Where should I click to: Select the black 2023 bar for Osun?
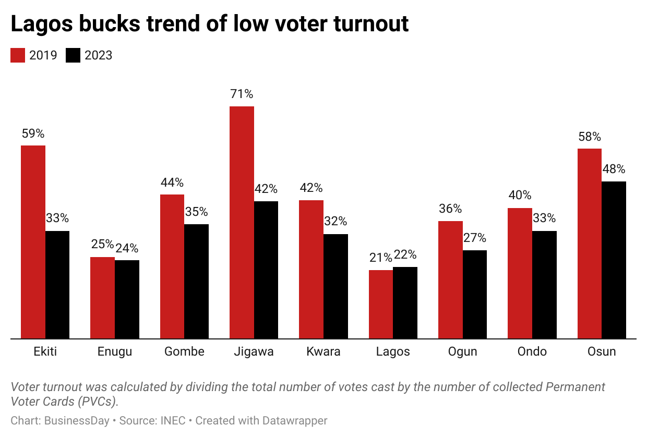tap(614, 260)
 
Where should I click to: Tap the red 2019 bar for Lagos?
tap(381, 305)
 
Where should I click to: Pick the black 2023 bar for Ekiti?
tap(57, 285)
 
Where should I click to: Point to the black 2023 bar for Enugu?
tap(127, 299)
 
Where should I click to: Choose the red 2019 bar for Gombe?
tap(172, 266)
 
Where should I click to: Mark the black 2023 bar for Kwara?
tap(336, 286)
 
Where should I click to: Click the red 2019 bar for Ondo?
tap(520, 273)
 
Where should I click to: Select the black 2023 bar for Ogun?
tap(475, 295)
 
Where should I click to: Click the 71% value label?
tap(242, 94)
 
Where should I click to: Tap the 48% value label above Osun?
tap(614, 169)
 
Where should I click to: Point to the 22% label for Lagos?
tap(405, 255)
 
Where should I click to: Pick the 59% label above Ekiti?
tap(33, 133)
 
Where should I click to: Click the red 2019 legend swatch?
tap(18, 55)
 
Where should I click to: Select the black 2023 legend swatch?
tap(73, 55)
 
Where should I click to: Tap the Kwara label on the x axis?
tap(323, 351)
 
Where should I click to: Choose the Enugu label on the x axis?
tap(115, 351)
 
